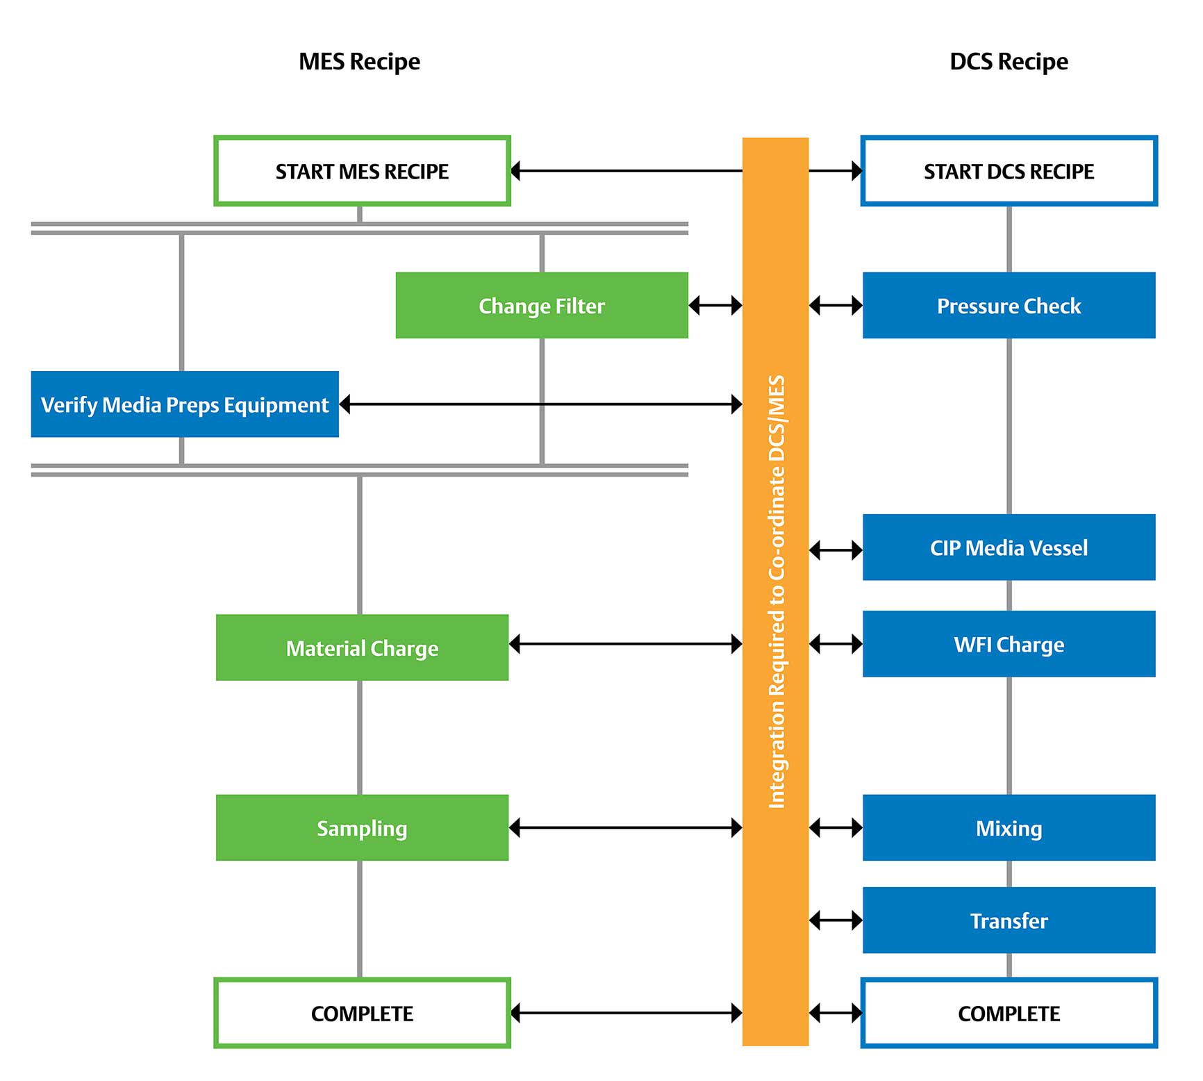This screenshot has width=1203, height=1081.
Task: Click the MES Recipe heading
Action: tap(359, 62)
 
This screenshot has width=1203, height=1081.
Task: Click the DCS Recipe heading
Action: tap(1008, 62)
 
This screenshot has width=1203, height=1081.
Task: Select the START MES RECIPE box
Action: tap(362, 171)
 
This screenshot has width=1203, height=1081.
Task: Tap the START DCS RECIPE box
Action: tap(1009, 171)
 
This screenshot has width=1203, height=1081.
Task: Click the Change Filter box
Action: tap(541, 306)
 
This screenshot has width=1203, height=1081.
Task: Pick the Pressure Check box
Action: tap(1009, 306)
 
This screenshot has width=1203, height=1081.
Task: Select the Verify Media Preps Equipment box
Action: tap(185, 404)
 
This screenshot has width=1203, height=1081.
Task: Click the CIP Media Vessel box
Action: tap(1009, 547)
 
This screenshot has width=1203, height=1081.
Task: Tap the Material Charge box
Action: tap(362, 647)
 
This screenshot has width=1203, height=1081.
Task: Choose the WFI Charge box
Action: tap(1009, 644)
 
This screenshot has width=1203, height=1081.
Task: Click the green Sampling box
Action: tap(362, 827)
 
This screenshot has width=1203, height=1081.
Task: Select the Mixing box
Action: tap(1009, 827)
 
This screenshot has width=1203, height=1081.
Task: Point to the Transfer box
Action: tap(1009, 920)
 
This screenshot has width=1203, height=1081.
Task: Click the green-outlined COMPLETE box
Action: tap(362, 1013)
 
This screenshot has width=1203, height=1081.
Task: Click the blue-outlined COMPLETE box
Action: tap(1009, 1013)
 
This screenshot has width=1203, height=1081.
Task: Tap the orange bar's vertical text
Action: tap(776, 591)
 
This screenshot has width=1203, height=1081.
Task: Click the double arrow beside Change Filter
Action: tap(715, 305)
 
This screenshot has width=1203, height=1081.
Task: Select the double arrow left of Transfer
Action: tap(836, 921)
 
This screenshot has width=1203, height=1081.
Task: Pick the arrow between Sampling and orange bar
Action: tap(625, 827)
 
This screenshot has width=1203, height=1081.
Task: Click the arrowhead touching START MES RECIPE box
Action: tap(516, 171)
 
